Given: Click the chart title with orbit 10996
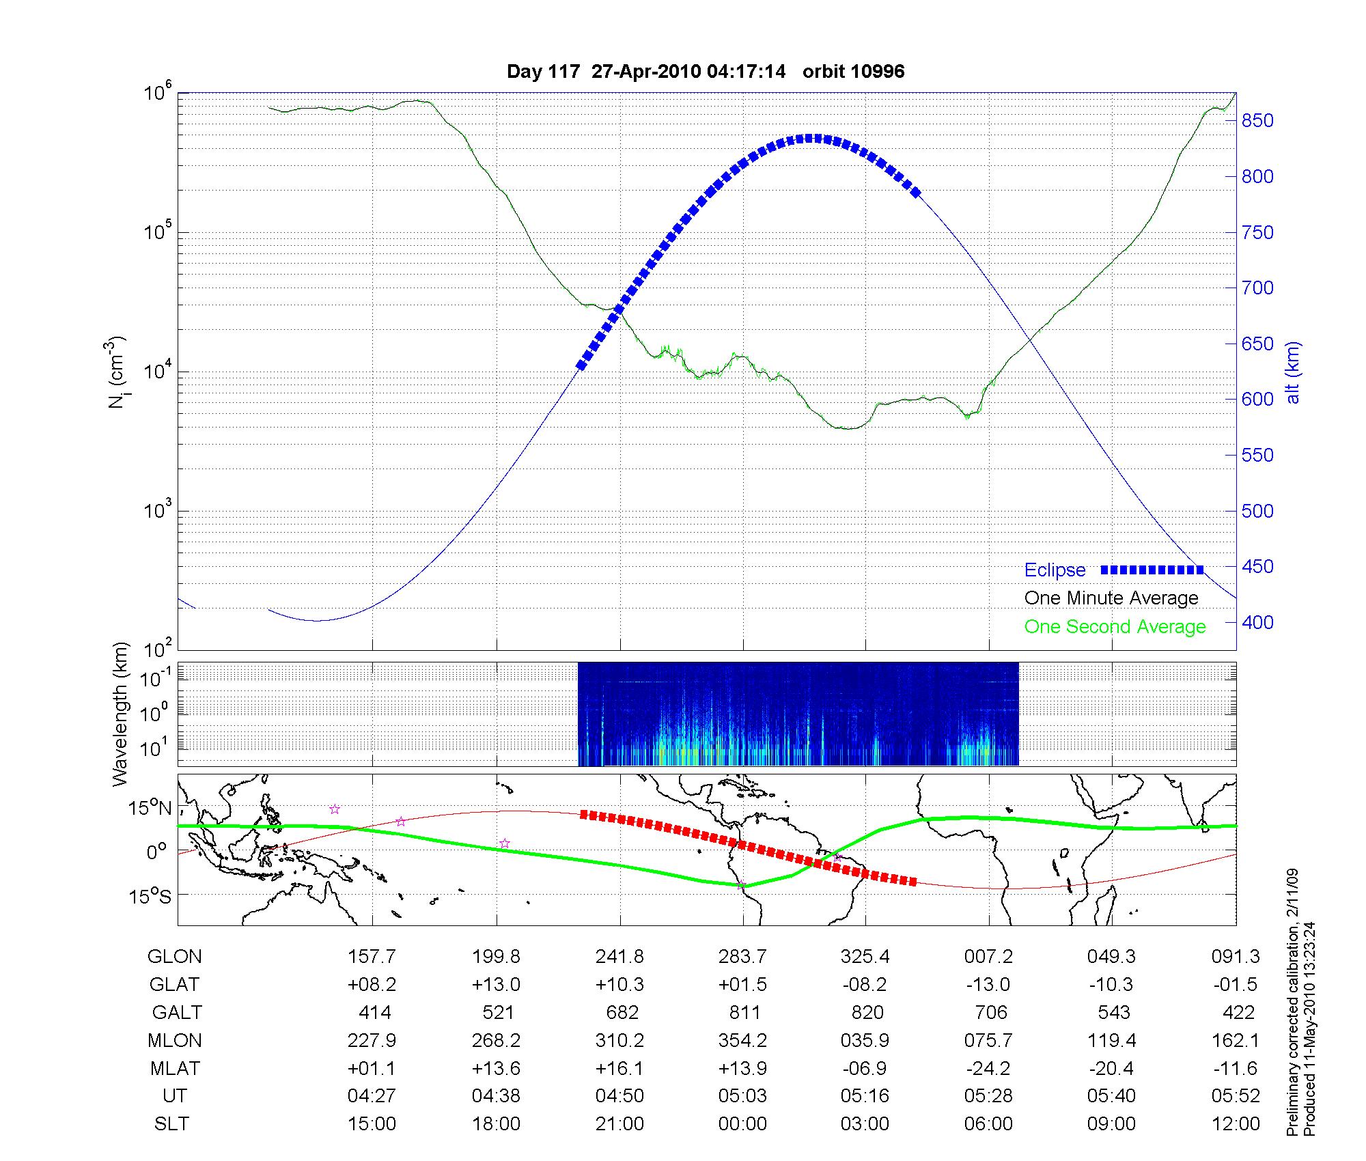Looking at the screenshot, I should tap(706, 72).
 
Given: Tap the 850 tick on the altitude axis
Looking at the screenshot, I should tap(1257, 121).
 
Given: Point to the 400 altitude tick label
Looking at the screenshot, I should tap(1257, 622).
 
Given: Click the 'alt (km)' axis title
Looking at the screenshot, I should tap(1293, 372).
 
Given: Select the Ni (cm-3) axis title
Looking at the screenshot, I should tap(117, 372).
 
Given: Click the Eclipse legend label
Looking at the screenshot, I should tap(1055, 570).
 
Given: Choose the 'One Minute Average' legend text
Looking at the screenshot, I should tap(1111, 598).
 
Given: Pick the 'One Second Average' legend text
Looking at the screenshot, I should tap(1115, 627).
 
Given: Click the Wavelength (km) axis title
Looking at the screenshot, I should tap(120, 714).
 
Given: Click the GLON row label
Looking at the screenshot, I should tap(175, 957).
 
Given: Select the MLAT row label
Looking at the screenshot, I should tap(175, 1069).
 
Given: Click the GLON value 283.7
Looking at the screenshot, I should tap(742, 957).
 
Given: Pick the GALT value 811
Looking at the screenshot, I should tap(744, 1013).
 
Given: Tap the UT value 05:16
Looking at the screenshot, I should tap(865, 1096).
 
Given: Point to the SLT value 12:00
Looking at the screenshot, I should tap(1236, 1124).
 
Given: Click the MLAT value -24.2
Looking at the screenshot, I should tap(988, 1069).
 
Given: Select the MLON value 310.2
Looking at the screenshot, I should tap(619, 1041).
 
